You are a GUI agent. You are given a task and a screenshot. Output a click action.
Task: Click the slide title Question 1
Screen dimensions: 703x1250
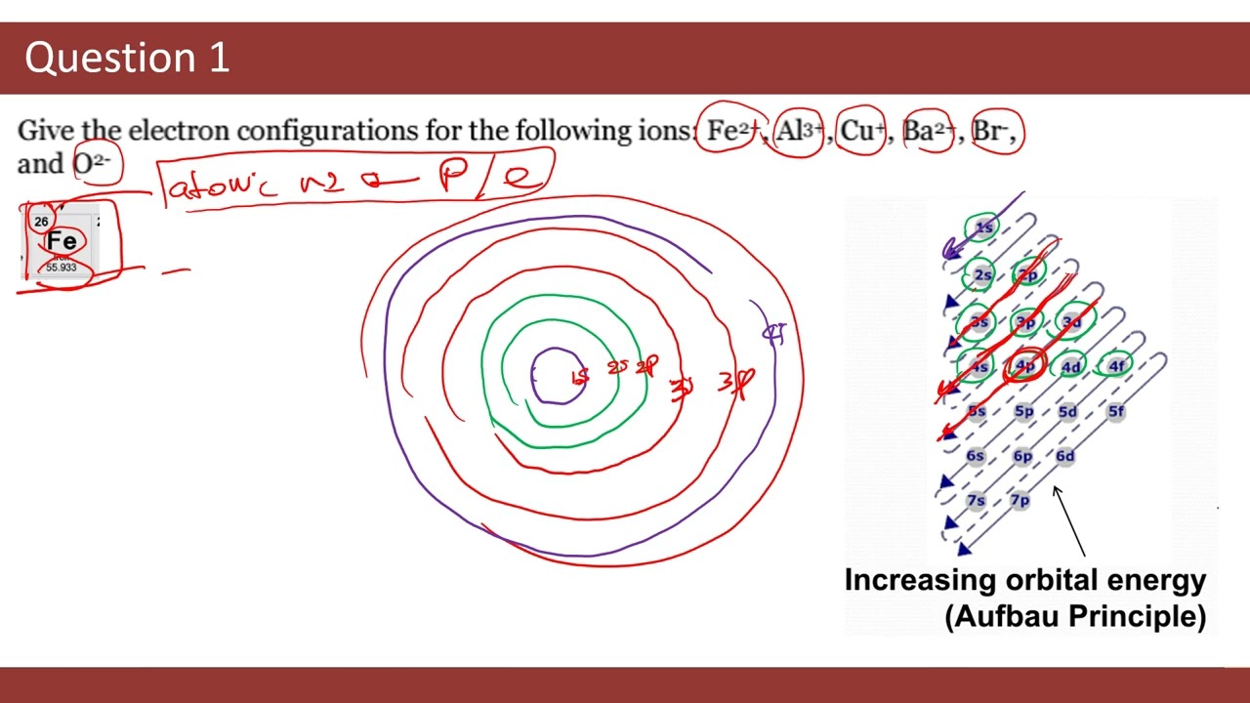[x=127, y=59]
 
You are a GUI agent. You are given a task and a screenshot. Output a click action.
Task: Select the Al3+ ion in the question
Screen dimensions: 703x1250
[x=799, y=131]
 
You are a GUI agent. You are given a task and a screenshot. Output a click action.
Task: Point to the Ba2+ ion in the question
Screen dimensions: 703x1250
[x=927, y=131]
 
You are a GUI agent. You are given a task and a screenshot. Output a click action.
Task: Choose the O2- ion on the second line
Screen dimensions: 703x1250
[x=92, y=163]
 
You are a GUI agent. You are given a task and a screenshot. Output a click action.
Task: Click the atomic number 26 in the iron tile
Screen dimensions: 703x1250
[x=41, y=222]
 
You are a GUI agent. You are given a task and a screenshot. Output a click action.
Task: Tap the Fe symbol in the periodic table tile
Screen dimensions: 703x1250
[x=62, y=241]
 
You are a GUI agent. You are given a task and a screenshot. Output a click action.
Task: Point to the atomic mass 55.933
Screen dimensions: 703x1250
[x=62, y=268]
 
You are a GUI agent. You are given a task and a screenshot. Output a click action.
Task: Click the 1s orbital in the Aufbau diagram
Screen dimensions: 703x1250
[x=983, y=227]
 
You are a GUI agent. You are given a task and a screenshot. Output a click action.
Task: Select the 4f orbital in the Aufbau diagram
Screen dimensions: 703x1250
[x=1115, y=366]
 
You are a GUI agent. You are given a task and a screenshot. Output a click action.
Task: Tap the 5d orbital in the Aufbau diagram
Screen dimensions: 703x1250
[x=1067, y=411]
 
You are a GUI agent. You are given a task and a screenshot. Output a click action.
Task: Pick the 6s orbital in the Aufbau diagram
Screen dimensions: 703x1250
[x=976, y=456]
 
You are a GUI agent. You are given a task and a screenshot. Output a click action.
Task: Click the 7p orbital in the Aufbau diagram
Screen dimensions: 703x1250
[x=1020, y=500]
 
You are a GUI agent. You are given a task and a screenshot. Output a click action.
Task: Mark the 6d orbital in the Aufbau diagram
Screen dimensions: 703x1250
[x=1064, y=456]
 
